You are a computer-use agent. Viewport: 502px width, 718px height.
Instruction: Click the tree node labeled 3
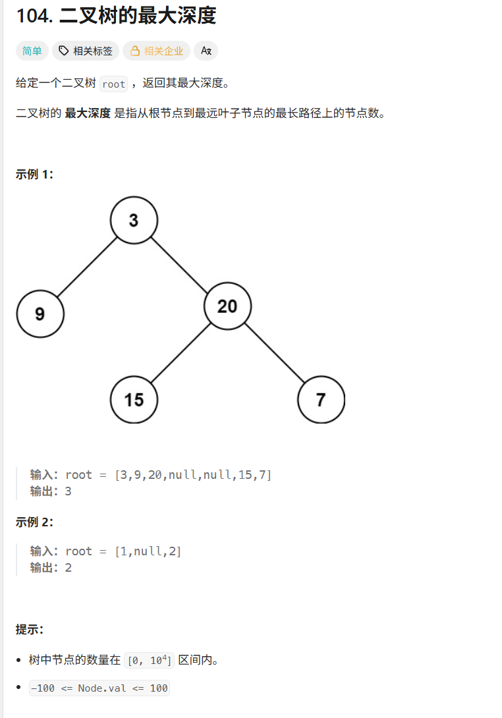134,220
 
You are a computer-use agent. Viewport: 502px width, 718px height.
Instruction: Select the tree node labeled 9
40,314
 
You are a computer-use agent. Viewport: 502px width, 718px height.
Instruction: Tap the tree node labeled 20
227,306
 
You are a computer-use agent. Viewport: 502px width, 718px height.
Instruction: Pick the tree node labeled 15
134,399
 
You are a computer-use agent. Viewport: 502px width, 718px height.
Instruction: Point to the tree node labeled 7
321,399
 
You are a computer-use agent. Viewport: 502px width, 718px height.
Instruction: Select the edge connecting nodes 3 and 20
180,262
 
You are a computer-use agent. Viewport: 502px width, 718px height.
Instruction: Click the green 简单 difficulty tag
32,51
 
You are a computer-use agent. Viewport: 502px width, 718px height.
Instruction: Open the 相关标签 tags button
86,51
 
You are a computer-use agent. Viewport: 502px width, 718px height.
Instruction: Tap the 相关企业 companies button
157,51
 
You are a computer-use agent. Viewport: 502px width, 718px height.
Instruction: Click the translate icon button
206,51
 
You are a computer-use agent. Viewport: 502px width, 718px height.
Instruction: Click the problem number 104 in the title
34,16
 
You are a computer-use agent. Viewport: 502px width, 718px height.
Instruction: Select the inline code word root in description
113,84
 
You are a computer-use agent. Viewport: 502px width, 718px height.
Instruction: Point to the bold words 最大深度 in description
88,113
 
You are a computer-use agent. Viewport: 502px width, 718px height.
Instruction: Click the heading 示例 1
34,175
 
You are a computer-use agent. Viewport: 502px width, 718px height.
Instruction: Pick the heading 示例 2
34,522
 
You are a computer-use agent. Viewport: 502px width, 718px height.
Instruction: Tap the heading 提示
30,629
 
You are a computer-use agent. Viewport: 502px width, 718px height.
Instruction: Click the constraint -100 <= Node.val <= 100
99,688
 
